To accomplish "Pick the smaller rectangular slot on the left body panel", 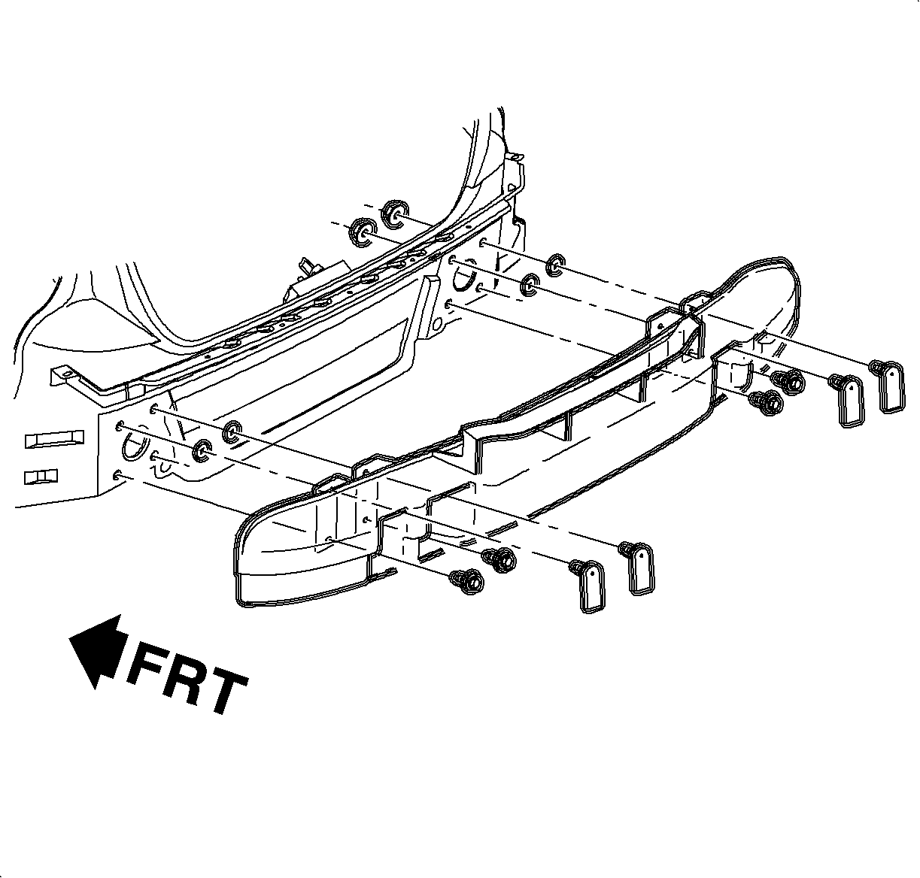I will (x=41, y=477).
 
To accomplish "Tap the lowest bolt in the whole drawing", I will (x=466, y=580).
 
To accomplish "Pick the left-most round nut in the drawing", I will (x=202, y=450).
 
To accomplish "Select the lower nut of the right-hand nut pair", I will (x=530, y=285).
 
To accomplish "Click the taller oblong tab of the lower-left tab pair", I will (x=640, y=568).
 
